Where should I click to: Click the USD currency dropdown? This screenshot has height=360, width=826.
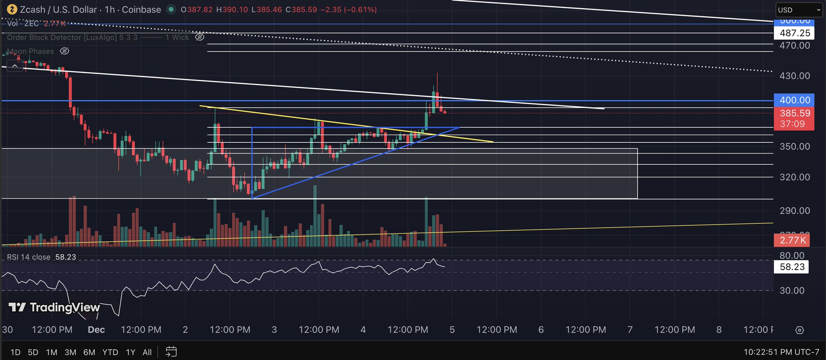point(799,10)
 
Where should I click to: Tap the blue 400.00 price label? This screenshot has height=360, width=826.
point(794,100)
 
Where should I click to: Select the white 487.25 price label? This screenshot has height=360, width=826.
point(794,33)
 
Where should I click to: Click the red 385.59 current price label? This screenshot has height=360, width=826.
point(794,113)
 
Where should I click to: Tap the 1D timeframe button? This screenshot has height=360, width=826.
point(15,352)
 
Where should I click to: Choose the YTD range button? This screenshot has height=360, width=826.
point(110,352)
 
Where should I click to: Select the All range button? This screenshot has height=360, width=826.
point(147,352)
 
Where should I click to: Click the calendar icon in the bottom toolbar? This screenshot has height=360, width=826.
point(171,352)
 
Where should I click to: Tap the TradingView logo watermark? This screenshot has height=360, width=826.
point(54,308)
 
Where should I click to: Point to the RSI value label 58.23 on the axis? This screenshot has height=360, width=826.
point(792,267)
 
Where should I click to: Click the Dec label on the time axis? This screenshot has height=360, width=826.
point(96,330)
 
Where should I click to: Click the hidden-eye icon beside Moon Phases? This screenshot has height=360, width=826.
point(65,51)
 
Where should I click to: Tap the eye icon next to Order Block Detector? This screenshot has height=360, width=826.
point(200,37)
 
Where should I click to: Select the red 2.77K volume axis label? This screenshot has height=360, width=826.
point(793,240)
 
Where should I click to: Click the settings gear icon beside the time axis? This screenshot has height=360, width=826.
point(799,330)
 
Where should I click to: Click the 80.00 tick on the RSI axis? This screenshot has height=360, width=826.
point(792,256)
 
